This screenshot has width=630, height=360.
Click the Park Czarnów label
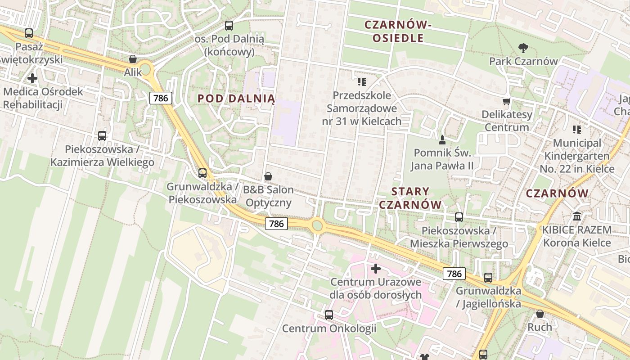[x=523, y=61]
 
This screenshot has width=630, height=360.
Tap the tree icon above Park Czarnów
[x=523, y=48]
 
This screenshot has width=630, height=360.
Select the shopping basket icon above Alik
[x=133, y=59]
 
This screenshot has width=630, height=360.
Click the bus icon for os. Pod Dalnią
[x=229, y=26]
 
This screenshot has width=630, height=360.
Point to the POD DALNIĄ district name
[x=236, y=99]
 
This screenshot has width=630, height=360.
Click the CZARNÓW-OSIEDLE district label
[x=398, y=31]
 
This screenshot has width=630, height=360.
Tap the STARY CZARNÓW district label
[x=410, y=198]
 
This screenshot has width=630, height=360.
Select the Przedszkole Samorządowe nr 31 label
[x=362, y=108]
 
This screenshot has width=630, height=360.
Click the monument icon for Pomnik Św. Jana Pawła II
[x=442, y=140]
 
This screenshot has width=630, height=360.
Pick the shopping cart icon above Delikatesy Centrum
[x=507, y=101]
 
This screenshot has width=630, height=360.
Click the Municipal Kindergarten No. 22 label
[x=577, y=156]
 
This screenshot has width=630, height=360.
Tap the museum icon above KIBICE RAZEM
[x=577, y=216]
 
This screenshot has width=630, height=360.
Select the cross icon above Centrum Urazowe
[x=376, y=269]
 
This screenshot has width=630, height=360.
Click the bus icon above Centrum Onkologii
[x=329, y=315]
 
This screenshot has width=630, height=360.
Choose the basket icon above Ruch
[x=540, y=314]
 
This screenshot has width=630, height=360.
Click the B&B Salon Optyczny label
[x=269, y=196]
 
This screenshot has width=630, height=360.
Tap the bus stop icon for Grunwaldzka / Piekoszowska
[x=202, y=173]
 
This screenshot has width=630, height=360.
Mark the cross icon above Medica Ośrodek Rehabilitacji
[x=32, y=78]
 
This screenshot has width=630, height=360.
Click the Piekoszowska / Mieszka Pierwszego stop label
[x=459, y=237]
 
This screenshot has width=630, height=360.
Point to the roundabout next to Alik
[x=145, y=71]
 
